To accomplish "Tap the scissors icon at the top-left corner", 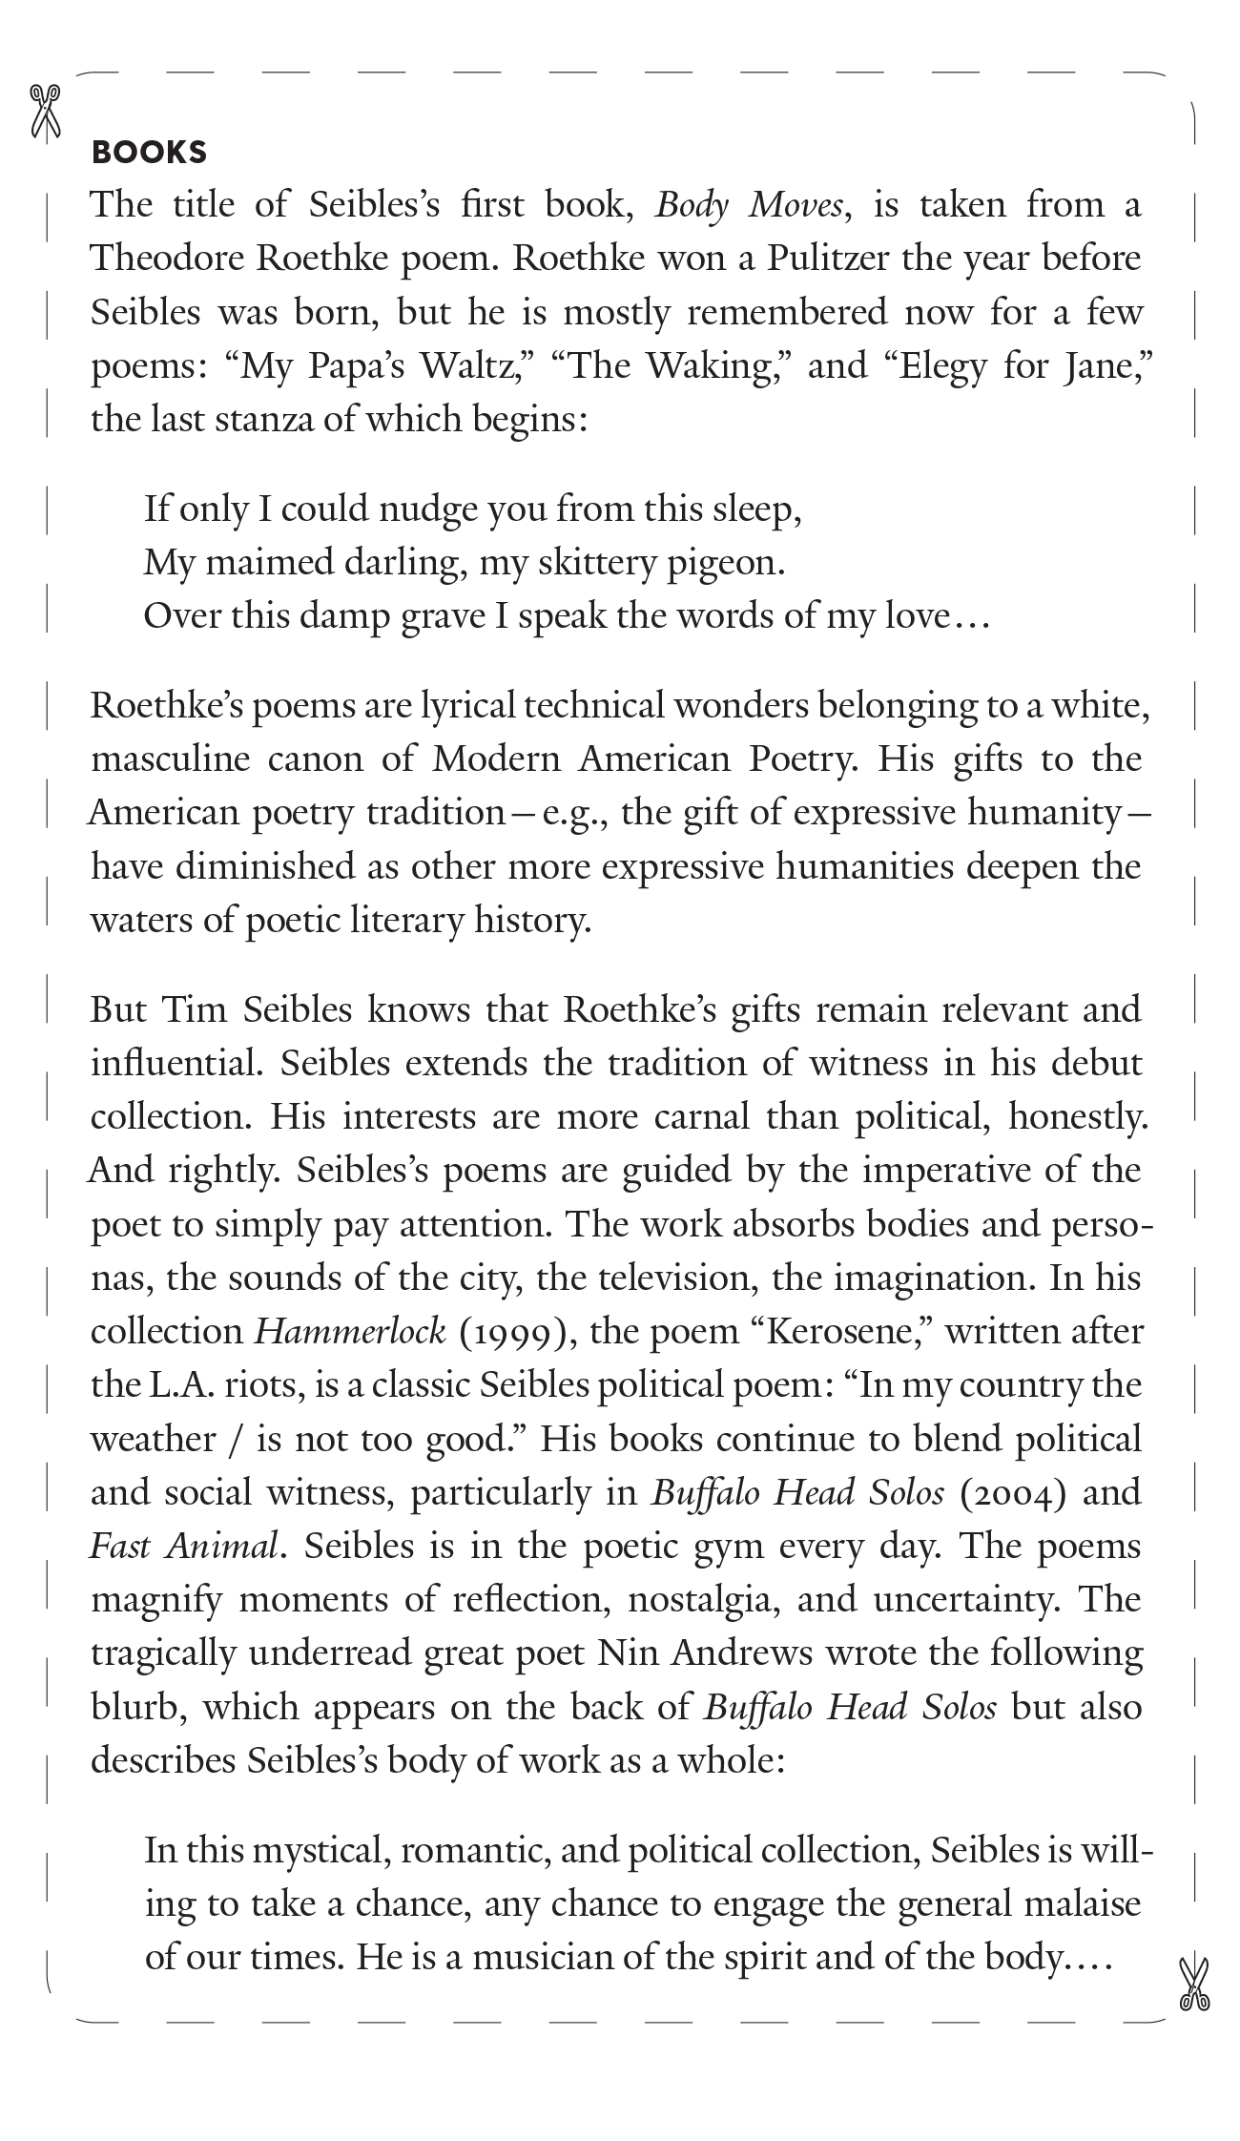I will [45, 112].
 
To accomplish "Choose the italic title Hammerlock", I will [350, 1331].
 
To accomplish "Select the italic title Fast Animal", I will [186, 1546].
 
